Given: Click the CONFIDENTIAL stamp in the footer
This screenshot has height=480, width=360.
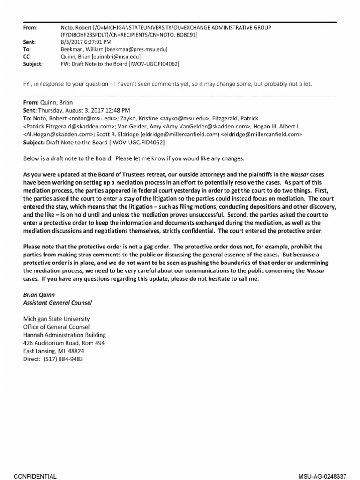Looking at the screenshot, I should click(x=36, y=476).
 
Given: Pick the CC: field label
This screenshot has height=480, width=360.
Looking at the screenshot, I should click(x=28, y=56).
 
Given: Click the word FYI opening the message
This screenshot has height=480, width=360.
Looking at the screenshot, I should click(x=29, y=84).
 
